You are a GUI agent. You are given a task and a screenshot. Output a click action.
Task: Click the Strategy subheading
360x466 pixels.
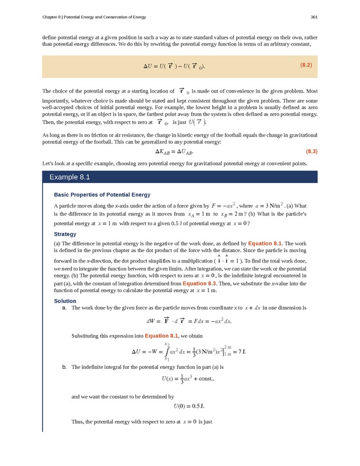click(x=65, y=234)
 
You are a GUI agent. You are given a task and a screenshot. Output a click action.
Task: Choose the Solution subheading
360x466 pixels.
click(x=65, y=301)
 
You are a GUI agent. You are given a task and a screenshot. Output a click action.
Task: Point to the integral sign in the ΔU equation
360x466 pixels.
click(x=166, y=351)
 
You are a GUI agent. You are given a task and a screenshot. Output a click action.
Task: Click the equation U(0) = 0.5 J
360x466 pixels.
click(x=189, y=407)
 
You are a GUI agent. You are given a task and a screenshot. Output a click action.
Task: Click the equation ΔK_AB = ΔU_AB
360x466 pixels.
click(x=174, y=152)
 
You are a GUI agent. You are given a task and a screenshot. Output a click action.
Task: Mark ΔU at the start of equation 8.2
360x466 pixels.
click(x=149, y=66)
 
